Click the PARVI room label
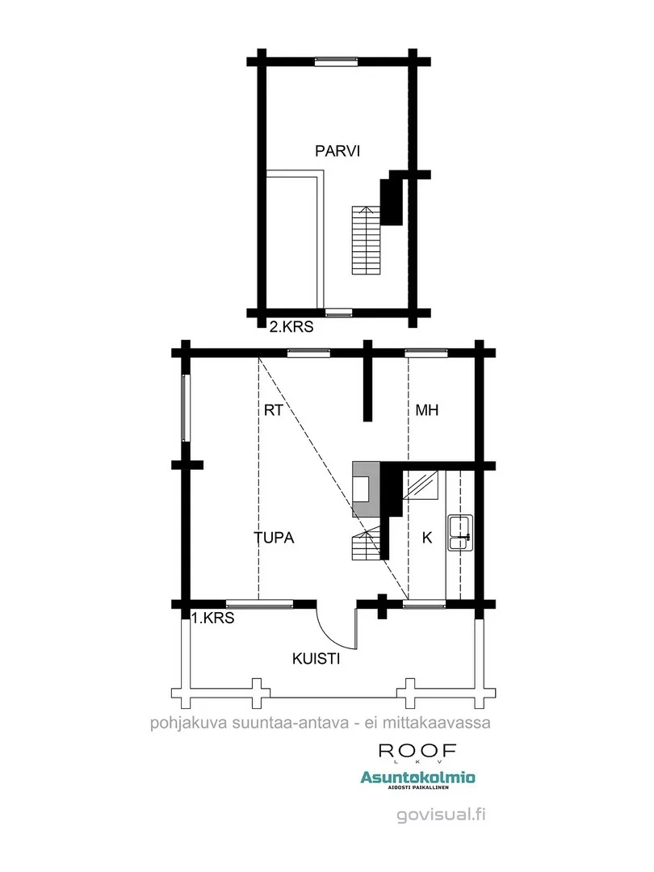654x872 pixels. (x=337, y=151)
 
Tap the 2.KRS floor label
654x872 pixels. (x=291, y=326)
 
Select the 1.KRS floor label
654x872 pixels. (x=212, y=618)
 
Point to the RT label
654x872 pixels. (x=273, y=410)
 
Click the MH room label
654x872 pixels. (x=426, y=410)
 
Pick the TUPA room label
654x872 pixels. (x=274, y=538)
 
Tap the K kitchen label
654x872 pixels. (x=427, y=538)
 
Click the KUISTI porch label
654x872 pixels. (x=316, y=659)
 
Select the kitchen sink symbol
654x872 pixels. (x=460, y=533)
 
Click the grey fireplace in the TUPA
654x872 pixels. (x=367, y=489)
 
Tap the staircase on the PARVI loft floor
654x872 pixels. (x=366, y=241)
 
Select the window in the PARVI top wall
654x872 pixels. (x=336, y=61)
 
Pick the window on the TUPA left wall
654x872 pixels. (x=187, y=409)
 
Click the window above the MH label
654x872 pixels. (x=426, y=353)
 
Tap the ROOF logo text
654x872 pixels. (x=417, y=752)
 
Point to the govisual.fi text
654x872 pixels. (x=441, y=815)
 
